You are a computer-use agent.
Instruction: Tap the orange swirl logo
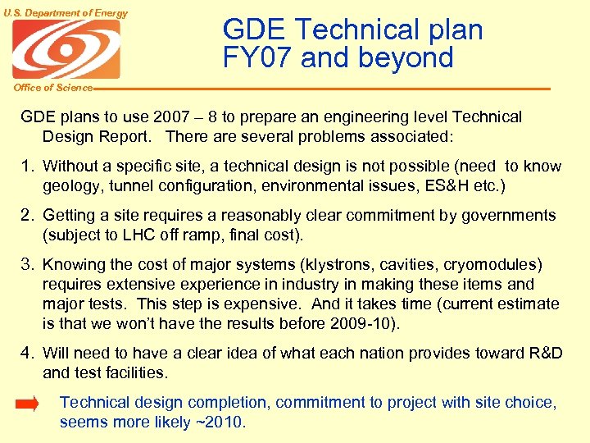(x=66, y=50)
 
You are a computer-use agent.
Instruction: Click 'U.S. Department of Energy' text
(x=65, y=12)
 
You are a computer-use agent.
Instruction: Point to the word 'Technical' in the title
(x=354, y=30)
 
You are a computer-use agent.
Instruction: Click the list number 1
(x=28, y=167)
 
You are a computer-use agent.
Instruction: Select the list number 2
(x=28, y=216)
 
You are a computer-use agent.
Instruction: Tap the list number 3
(x=28, y=265)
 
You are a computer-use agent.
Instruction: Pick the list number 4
(x=28, y=354)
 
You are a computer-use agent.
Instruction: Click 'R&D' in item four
(x=542, y=354)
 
